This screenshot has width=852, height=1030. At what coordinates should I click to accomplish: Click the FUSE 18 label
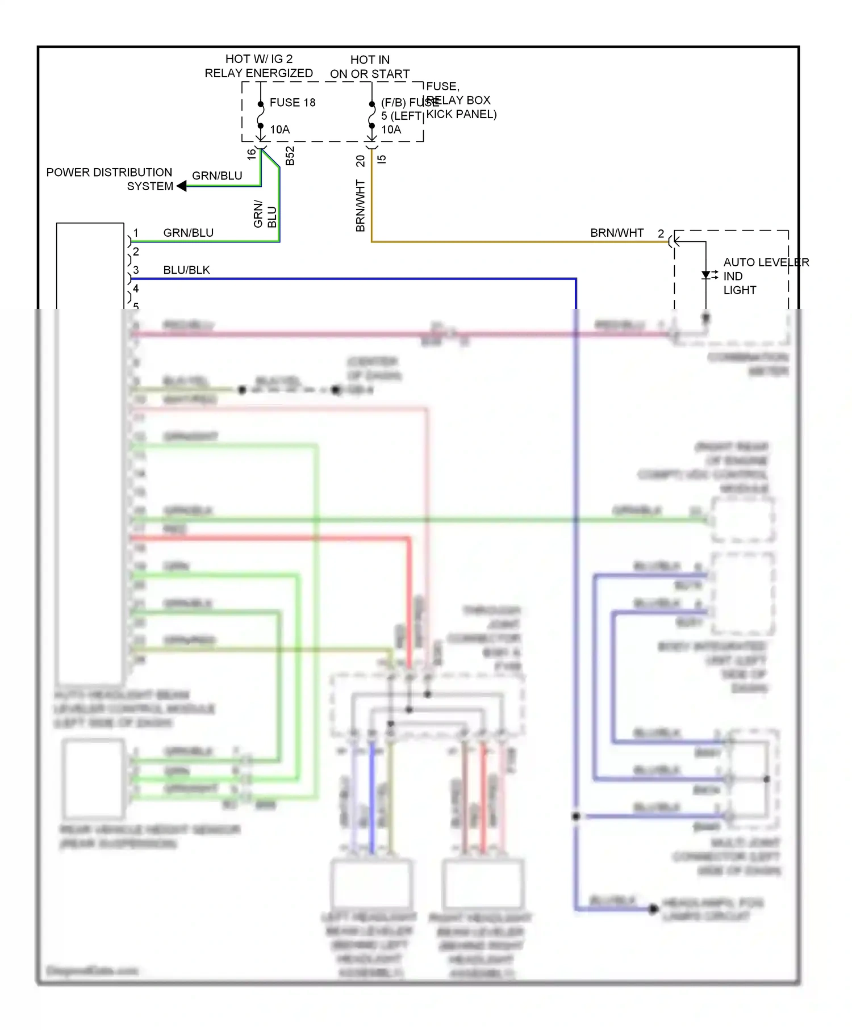(292, 103)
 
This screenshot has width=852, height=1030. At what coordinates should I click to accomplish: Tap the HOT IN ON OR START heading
(370, 67)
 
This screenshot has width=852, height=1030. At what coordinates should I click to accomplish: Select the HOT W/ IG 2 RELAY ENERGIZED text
(258, 66)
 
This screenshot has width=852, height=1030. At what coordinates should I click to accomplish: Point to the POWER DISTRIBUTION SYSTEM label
(109, 179)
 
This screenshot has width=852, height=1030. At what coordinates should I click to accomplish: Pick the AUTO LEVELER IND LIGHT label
(765, 276)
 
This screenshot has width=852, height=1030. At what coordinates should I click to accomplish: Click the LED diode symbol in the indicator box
(706, 275)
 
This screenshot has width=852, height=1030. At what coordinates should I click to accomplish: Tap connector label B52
(290, 156)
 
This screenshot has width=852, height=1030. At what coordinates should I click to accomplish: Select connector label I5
(382, 159)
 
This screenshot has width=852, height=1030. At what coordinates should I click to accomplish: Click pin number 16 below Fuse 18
(252, 154)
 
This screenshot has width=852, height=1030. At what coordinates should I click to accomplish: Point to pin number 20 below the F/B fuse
(361, 161)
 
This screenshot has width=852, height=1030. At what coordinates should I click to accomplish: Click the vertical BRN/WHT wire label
(360, 206)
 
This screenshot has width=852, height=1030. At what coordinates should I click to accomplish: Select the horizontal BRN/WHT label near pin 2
(617, 233)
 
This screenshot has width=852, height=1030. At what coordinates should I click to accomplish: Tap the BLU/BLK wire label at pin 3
(186, 270)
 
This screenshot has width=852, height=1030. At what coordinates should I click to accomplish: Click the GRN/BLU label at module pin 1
(188, 233)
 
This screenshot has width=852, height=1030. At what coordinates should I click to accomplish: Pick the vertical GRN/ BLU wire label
(265, 214)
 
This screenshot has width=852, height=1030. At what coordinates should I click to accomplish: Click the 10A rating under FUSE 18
(279, 129)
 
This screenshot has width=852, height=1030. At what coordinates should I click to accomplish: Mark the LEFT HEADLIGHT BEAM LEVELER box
(371, 883)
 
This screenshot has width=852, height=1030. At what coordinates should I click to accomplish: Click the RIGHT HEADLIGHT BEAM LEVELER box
(482, 883)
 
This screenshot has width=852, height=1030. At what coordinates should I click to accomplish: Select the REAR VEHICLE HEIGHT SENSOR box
(94, 778)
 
